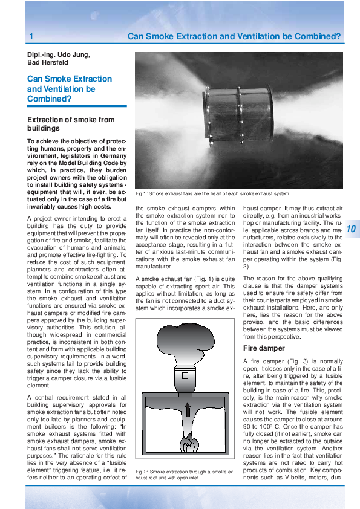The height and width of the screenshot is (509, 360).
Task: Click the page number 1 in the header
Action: [x=30, y=37]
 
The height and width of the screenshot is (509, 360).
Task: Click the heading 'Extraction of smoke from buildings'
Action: [x=71, y=124]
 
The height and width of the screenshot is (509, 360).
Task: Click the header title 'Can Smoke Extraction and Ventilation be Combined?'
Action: [x=234, y=37]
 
